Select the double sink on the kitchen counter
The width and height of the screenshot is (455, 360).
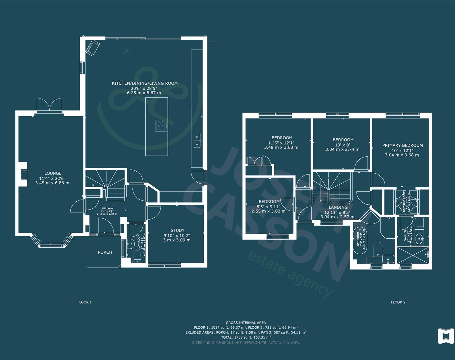[x=197, y=140]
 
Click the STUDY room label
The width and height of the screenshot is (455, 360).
[x=177, y=230]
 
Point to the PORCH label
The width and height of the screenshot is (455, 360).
[x=105, y=252]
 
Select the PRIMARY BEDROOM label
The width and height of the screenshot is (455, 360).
[x=402, y=145]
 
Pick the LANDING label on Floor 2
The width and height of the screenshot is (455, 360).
[x=338, y=207]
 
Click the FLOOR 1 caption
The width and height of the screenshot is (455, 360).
[x=84, y=302]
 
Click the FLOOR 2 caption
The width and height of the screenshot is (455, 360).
[x=398, y=302]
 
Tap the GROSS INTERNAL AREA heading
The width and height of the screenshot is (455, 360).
[x=246, y=323]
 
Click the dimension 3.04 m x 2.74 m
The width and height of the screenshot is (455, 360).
[x=342, y=149]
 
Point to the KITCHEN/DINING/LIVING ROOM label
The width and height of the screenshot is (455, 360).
[x=144, y=83]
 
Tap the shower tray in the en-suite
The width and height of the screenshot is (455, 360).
[x=413, y=255]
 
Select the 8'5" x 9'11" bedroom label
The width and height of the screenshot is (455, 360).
[x=269, y=202]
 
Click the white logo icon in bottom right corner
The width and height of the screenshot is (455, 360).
[x=446, y=336]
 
